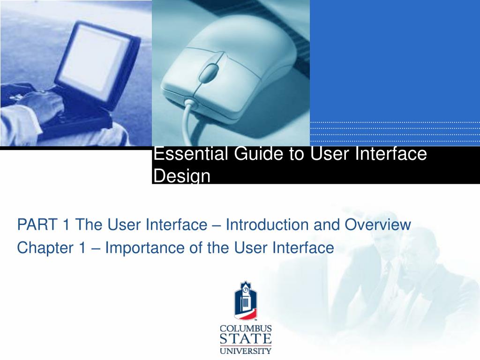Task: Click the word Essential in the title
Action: pos(190,153)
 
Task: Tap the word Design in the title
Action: pos(182,176)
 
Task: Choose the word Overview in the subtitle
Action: pos(377,225)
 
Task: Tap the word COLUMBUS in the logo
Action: pos(246,329)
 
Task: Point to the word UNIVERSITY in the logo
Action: pos(246,351)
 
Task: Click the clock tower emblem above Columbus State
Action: pos(246,300)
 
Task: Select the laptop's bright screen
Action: pos(94,58)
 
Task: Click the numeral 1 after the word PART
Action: pos(66,225)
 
